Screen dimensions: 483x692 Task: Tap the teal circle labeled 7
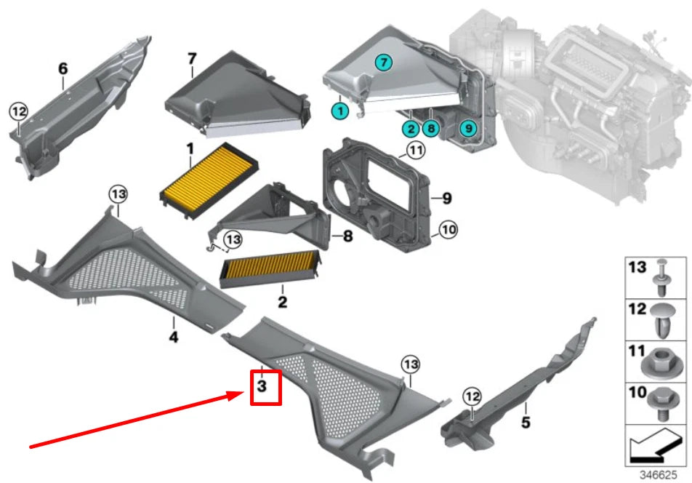[x=383, y=62]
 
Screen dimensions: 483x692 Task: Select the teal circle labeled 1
[x=338, y=111]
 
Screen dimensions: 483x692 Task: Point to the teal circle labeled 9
[x=469, y=129]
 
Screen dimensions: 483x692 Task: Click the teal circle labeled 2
[x=411, y=129]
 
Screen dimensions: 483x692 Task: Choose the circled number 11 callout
[x=415, y=151]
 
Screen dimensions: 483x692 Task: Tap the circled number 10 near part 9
[x=448, y=230]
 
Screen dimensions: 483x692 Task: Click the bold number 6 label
[x=63, y=69]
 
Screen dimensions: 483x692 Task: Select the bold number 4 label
[x=174, y=337]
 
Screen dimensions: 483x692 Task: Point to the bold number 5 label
[x=526, y=421]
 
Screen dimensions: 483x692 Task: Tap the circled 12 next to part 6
[x=18, y=112]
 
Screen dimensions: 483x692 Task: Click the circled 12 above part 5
[x=472, y=396]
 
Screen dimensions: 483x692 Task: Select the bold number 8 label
[x=347, y=236]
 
